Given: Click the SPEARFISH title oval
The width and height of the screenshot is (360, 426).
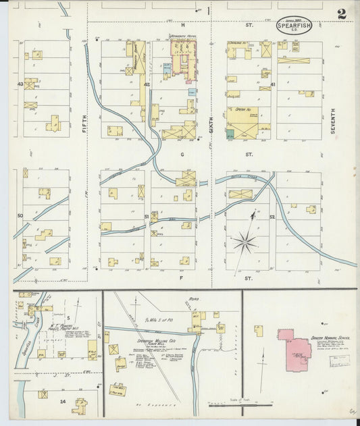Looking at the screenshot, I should [294, 26].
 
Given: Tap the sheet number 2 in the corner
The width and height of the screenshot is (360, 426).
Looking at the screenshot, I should [342, 14].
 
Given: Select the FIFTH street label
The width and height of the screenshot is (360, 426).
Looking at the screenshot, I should [84, 122].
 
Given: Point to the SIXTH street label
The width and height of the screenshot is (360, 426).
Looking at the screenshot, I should [211, 122].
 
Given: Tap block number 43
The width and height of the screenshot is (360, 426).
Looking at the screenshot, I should [21, 84].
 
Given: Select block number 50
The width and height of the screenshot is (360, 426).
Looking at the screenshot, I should [20, 216].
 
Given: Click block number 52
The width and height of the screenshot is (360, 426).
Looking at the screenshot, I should [272, 217].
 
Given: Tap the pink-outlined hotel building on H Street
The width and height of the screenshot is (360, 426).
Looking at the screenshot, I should [183, 57].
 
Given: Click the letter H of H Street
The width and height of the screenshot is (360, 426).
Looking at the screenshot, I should [182, 24].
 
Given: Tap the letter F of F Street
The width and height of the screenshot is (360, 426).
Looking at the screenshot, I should [181, 277].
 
